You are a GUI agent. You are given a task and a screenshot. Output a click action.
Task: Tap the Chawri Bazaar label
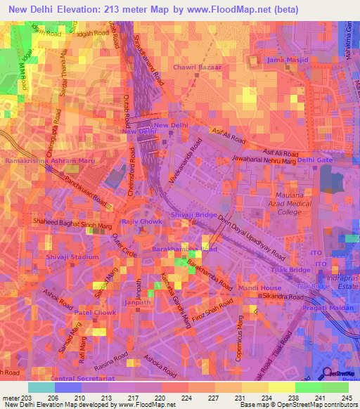pyautogui.click(x=197, y=67)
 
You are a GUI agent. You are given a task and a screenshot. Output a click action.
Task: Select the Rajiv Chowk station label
pyautogui.click(x=141, y=221)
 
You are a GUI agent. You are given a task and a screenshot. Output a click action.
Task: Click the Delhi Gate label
pyautogui.click(x=314, y=160)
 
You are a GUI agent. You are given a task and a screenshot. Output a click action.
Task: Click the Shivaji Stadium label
pyautogui.click(x=72, y=257)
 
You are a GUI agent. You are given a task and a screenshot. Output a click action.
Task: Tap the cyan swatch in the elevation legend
pyautogui.click(x=41, y=387)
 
